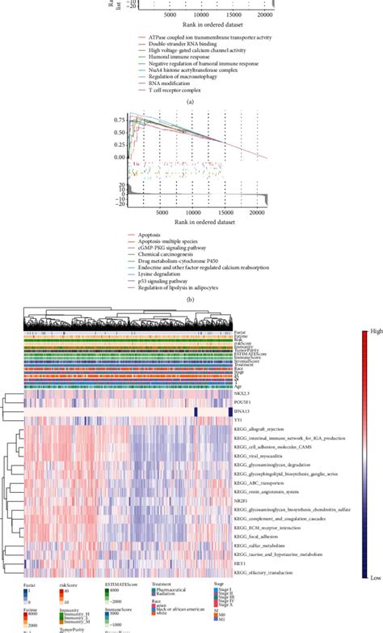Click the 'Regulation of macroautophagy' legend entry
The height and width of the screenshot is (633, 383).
pos(182,75)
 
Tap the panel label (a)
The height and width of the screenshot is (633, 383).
pos(191,103)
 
